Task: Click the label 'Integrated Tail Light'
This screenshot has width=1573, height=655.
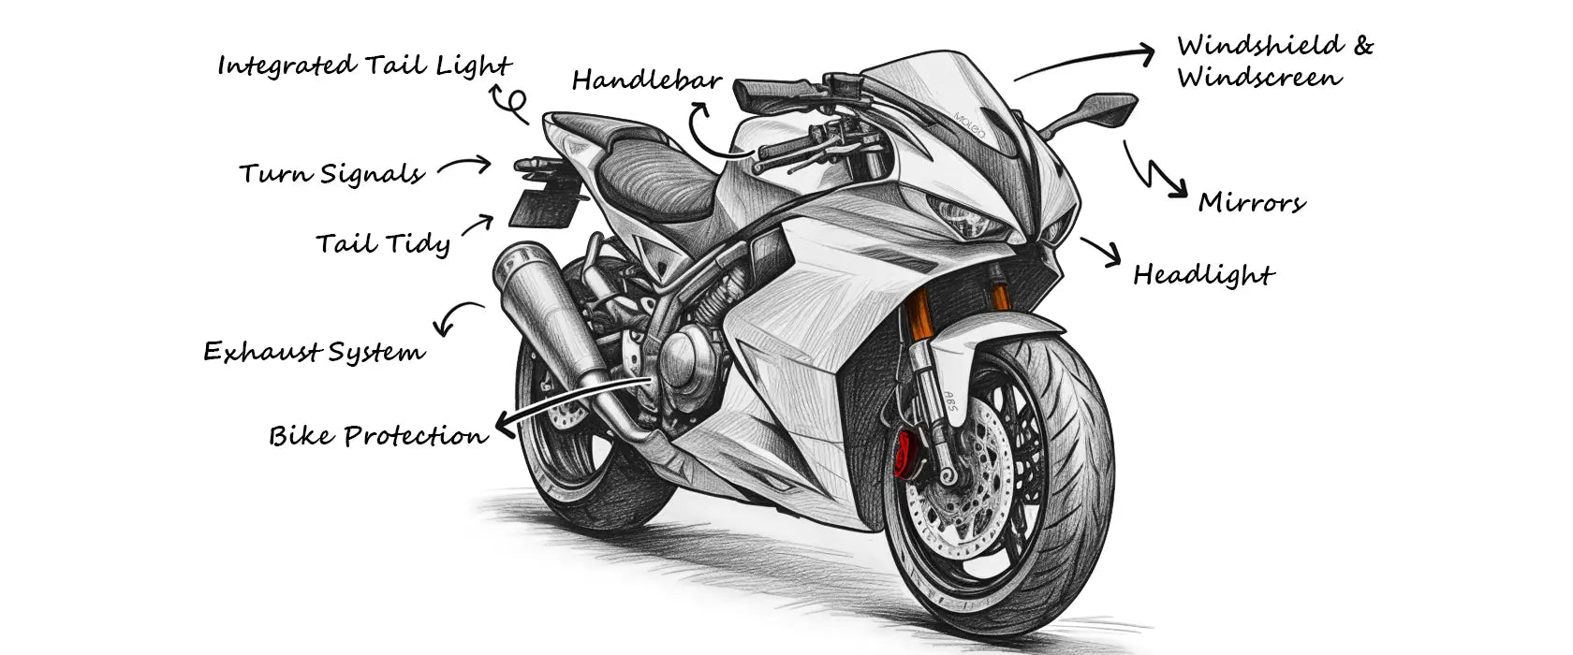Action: (363, 65)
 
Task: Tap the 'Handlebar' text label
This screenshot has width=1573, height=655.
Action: (646, 80)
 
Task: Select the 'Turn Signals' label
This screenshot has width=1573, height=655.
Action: (331, 174)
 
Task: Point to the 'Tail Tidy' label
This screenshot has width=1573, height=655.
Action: (383, 244)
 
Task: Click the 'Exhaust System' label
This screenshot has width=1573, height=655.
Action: (314, 352)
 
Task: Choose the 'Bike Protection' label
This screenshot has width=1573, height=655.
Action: (378, 436)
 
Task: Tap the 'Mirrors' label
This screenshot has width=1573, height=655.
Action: (1251, 203)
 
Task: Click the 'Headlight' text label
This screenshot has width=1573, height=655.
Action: (1203, 275)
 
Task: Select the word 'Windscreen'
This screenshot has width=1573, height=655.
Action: (1259, 78)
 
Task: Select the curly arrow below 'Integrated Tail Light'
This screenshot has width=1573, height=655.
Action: (511, 103)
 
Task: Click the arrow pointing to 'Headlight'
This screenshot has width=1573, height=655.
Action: (1101, 251)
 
